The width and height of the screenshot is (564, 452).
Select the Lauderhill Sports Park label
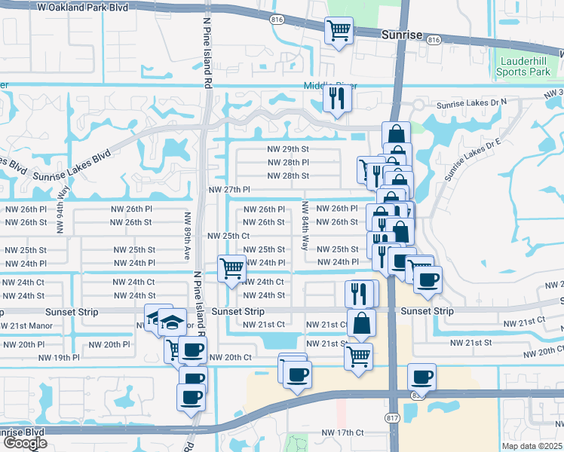click(x=523, y=66)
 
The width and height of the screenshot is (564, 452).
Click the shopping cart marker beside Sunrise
click(x=339, y=31)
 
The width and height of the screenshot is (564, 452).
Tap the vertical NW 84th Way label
click(x=305, y=225)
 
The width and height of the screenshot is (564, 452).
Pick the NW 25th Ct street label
click(x=228, y=236)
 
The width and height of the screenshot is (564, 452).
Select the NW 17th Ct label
click(x=342, y=432)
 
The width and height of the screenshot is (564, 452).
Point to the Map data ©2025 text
click(x=532, y=446)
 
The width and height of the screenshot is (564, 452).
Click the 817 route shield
click(x=391, y=418)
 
